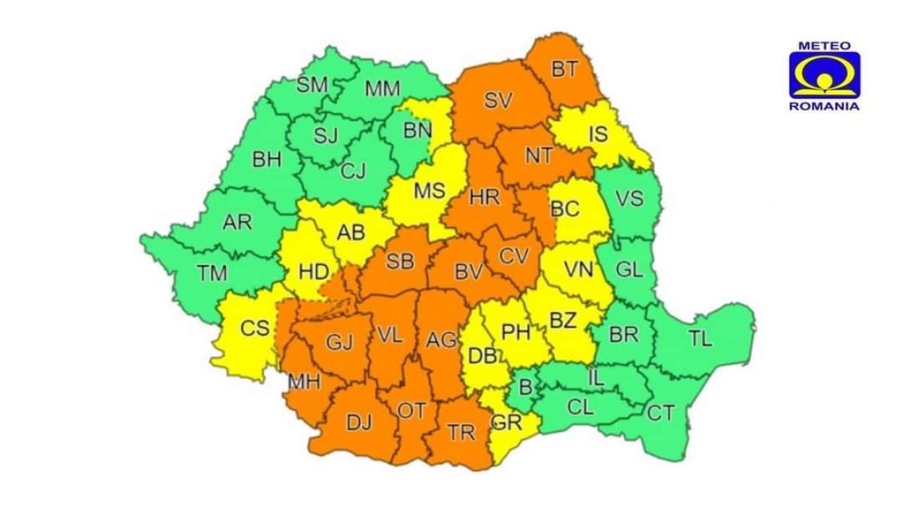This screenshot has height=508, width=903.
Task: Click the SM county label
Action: (312, 85)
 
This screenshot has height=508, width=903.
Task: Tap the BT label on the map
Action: (564, 70)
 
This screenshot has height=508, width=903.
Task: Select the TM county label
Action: (213, 275)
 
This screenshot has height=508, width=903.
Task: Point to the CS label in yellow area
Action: (254, 329)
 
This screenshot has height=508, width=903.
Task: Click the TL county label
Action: (700, 339)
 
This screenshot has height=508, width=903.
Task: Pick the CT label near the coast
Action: (661, 412)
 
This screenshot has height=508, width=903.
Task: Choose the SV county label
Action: (498, 100)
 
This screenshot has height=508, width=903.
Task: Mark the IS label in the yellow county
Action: (597, 135)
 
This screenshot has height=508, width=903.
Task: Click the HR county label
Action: (485, 198)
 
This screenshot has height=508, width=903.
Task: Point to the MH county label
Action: (305, 382)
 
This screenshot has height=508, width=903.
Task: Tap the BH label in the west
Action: (266, 160)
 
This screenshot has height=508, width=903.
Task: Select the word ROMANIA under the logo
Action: (824, 106)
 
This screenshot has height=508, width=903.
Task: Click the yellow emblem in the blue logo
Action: (824, 76)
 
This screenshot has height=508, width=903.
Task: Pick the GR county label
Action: (506, 422)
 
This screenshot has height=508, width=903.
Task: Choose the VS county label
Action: (629, 199)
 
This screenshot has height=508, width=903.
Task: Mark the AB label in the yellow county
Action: (350, 232)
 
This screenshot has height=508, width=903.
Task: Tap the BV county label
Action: (468, 272)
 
